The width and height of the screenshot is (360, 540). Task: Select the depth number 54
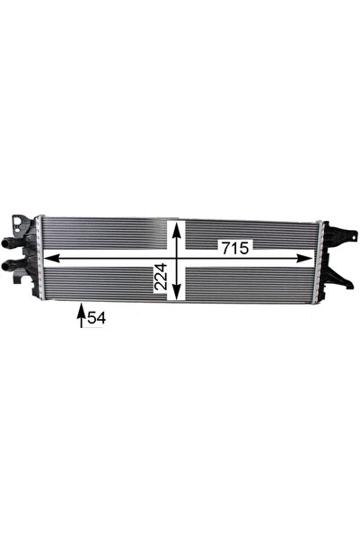click(96, 317)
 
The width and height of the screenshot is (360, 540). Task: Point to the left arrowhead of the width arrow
click(48, 259)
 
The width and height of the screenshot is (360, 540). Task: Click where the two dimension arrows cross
click(177, 259)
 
